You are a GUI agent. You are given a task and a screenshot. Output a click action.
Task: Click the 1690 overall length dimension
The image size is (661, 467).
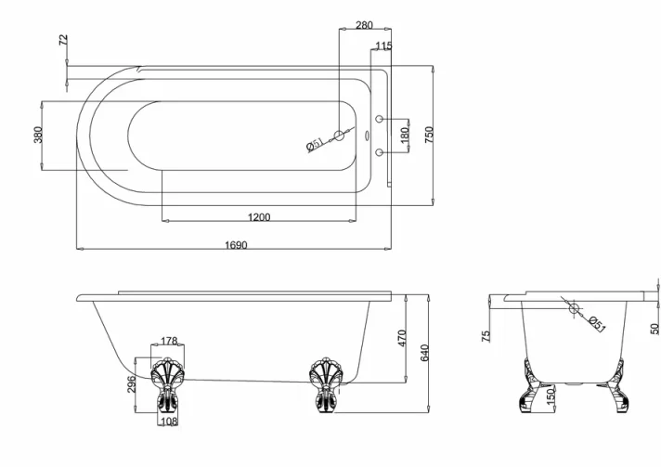coord(236,245)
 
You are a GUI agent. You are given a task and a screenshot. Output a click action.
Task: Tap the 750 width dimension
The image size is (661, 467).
coord(429,135)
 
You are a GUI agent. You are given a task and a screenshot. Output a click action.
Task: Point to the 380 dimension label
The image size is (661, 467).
coord(38,135)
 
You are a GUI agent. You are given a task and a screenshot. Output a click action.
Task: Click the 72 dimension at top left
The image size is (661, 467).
coord(63,41)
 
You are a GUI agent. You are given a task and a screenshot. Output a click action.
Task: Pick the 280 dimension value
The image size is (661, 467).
coord(365,25)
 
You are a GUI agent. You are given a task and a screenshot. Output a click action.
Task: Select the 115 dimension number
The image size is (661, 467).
coord(383,45)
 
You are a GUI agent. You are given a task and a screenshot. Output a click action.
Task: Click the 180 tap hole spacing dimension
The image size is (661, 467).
coord(404,135)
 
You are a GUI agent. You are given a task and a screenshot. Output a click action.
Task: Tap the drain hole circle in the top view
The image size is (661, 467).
coord(340,136)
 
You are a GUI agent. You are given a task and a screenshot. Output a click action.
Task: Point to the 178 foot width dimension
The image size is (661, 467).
coord(169,342)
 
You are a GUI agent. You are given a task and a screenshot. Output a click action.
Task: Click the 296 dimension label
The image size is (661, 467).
coord(132,383)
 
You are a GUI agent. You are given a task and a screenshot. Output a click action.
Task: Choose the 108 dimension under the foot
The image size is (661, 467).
coord(168,422)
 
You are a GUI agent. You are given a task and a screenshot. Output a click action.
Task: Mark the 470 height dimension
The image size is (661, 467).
coord(403,338)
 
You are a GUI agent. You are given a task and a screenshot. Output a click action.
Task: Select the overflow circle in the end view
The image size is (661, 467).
coord(573,308)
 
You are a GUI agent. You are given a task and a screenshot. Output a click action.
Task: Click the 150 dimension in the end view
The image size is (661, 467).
coord(551,397)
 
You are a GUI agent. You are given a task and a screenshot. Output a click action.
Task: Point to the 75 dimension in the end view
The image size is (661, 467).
coord(486,336)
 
